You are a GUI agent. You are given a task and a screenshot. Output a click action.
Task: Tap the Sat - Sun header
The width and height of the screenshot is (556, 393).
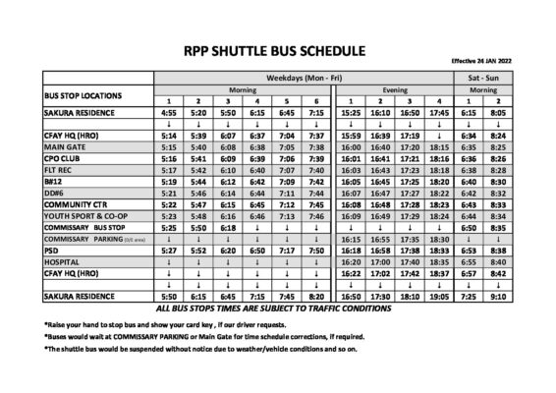coord(484,77)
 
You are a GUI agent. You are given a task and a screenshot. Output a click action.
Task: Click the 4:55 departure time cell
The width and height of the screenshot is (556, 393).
coord(169,112)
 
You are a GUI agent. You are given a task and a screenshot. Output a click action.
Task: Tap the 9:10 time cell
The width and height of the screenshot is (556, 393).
coord(500,296)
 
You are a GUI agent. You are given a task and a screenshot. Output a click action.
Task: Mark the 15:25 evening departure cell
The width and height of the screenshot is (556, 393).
coord(351,112)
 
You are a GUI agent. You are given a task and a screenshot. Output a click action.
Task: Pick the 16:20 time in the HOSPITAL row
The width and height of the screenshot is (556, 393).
coord(351,262)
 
